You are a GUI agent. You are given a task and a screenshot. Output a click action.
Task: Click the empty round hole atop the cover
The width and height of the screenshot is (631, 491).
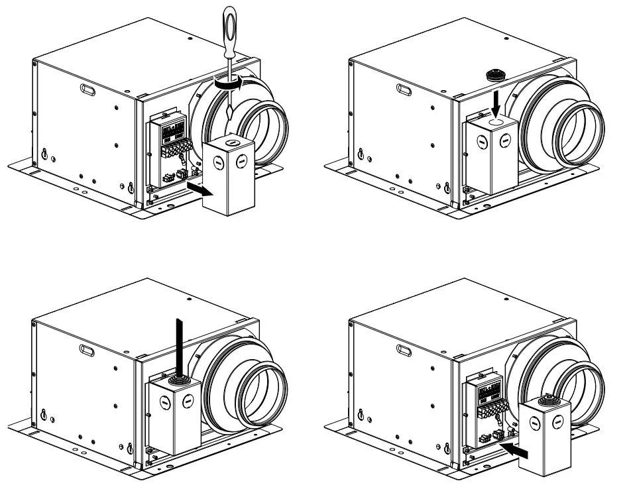pyautogui.click(x=494, y=124)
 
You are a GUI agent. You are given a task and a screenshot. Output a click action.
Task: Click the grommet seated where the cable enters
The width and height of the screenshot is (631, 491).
pyautogui.click(x=178, y=380)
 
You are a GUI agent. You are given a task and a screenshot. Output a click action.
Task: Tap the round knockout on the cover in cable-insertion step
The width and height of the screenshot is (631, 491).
pyautogui.click(x=188, y=401)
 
